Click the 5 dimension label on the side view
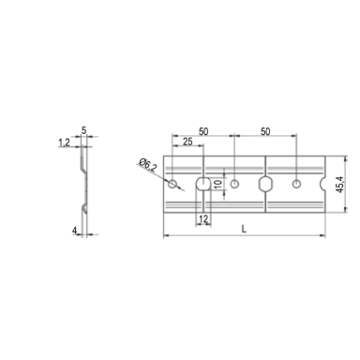(x=83, y=130)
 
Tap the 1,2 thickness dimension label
(x=64, y=142)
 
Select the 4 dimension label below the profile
(x=74, y=231)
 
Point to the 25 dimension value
(x=187, y=142)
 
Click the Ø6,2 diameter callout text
(x=147, y=164)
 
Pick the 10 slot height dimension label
(x=218, y=184)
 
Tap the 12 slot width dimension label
(x=203, y=219)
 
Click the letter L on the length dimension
(x=244, y=229)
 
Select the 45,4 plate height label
(x=340, y=185)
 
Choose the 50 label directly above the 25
(x=203, y=131)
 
